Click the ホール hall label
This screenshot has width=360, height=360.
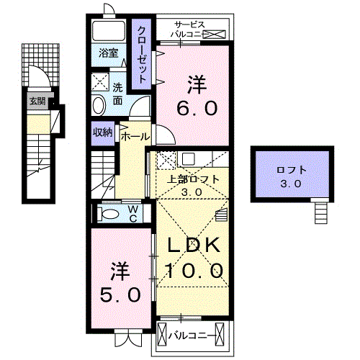135,136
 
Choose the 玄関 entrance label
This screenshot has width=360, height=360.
37,101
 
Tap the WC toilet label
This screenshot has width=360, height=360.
133,212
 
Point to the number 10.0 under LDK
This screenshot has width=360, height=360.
195,271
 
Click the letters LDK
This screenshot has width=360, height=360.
195,246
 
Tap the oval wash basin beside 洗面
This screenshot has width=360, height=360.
99,105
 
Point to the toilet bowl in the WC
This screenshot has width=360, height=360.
111,214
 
